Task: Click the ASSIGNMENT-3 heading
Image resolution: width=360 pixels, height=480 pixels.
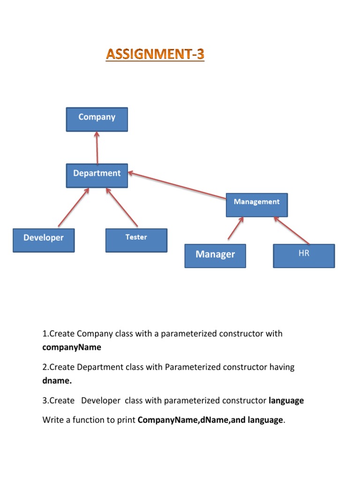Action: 155,55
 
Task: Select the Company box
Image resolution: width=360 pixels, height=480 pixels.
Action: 97,119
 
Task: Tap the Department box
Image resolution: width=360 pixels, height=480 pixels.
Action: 97,175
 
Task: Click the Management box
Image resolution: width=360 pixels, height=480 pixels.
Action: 256,204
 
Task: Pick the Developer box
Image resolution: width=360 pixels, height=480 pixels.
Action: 43,240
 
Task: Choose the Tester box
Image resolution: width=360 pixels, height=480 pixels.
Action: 136,240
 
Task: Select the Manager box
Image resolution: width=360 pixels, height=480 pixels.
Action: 215,255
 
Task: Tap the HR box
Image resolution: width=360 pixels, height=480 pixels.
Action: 304,255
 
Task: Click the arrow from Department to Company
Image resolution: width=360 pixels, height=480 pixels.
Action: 97,148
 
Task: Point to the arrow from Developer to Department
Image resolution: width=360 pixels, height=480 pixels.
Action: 74,208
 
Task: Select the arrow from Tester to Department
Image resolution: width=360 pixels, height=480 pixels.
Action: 122,208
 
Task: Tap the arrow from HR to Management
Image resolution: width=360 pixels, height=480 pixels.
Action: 292,230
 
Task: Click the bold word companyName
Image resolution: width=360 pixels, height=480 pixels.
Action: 72,347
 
